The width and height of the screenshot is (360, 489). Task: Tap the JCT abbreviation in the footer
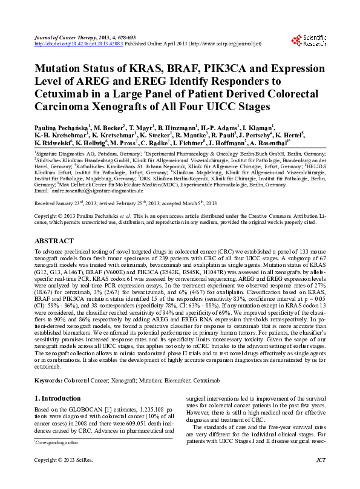pyautogui.click(x=321, y=476)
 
